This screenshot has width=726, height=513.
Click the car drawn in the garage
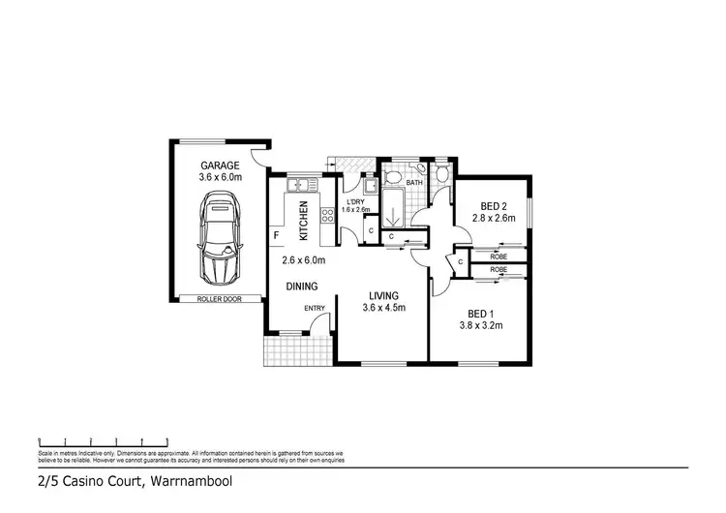220,240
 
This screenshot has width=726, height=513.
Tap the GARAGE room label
220,165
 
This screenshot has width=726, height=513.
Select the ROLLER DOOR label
219,299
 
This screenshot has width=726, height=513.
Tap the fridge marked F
276,235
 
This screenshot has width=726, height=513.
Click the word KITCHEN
303,221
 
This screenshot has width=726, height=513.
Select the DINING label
302,287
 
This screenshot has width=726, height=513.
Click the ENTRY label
315,309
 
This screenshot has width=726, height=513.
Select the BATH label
414,182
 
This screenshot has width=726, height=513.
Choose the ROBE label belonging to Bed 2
499,256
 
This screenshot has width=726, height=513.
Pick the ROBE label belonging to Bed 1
499,269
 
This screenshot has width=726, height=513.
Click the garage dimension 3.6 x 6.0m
220,177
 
